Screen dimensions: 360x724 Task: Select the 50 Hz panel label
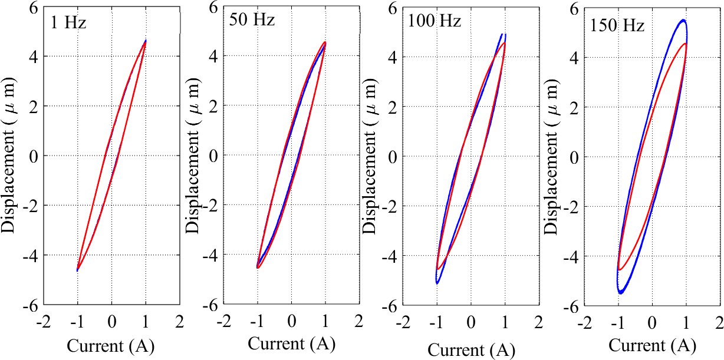(252, 21)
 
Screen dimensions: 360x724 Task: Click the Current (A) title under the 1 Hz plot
(111, 346)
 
